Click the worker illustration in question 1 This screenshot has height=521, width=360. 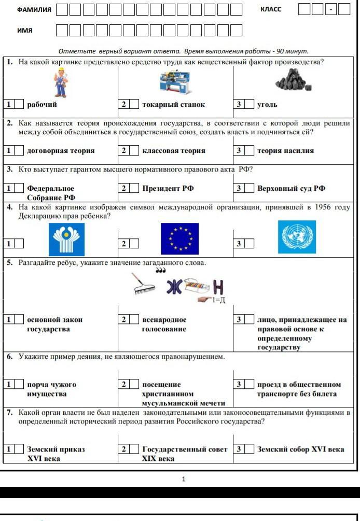pos(61,83)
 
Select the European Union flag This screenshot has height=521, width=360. pos(179,238)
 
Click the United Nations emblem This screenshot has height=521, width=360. pos(296,237)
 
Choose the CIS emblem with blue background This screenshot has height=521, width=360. pos(66,239)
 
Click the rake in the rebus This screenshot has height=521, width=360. pos(144,284)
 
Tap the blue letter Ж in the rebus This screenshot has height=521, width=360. pos(174,288)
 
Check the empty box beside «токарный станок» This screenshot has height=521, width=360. pos(134,104)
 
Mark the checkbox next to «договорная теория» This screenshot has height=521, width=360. pos(19,150)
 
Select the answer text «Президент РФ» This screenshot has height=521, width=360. pos(168,188)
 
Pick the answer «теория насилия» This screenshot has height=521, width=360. pos(285,150)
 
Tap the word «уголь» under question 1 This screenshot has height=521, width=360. pos(267,104)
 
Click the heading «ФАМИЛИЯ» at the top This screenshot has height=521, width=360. pos(34,9)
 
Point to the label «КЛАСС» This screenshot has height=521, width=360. pos(271,9)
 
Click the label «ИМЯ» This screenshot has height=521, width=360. pos(24,30)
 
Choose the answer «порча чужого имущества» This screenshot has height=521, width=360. pos(51,389)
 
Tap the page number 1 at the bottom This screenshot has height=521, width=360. pos(183,479)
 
